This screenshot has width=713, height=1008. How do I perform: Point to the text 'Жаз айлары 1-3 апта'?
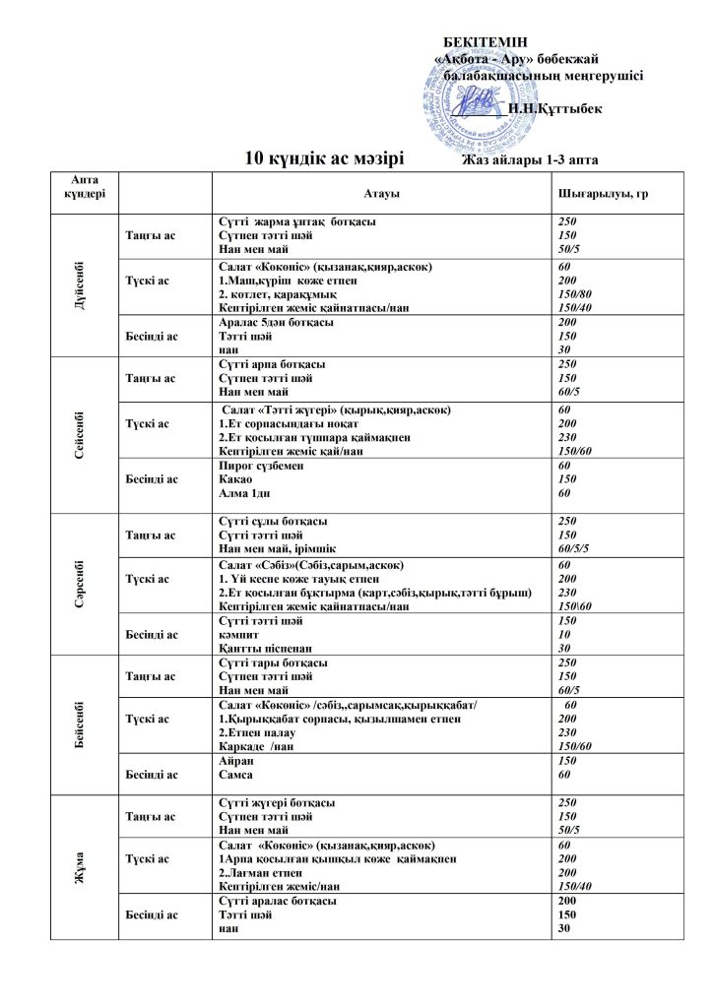pos(530,160)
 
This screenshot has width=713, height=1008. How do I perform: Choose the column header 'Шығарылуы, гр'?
pos(602,195)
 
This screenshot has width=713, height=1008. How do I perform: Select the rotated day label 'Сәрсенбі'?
pos(78,583)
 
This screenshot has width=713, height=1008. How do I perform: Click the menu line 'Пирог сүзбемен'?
pos(257,465)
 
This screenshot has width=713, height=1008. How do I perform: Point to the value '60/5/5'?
pos(574,548)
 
